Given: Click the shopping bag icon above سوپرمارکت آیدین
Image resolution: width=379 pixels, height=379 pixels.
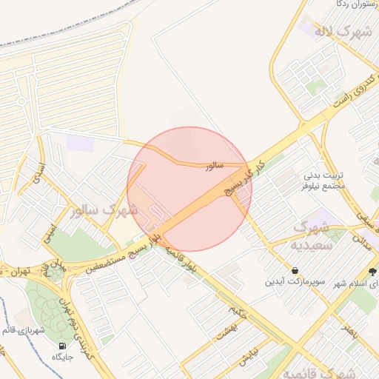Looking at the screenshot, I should tap(295, 270).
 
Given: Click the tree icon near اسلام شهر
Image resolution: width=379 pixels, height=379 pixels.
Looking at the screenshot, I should tap(372, 271).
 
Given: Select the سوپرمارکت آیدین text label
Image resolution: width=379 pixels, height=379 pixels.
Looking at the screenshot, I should tap(295, 284).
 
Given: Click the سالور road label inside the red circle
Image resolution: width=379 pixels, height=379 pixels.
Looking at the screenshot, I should tap(215, 167).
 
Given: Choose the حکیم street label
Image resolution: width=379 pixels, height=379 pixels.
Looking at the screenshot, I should tap(238, 302).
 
